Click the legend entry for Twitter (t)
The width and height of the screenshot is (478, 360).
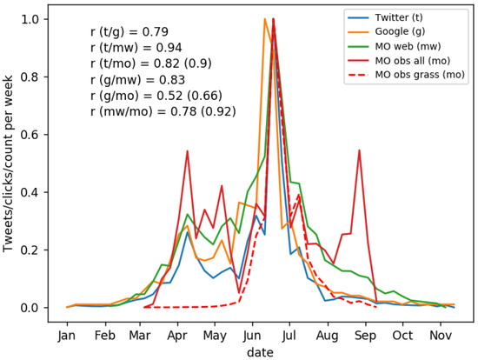[402, 17]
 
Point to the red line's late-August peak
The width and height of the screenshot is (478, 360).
[359, 150]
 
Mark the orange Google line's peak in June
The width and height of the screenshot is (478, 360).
[265, 19]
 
